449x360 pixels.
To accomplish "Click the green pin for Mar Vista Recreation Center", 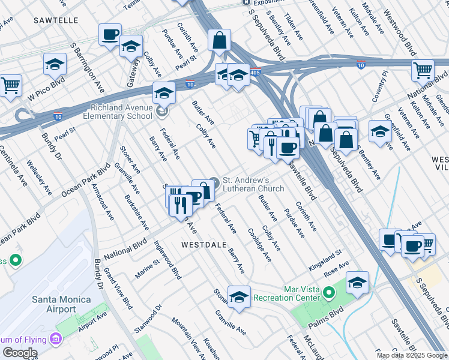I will tap(328, 293).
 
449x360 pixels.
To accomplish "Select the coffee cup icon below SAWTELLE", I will tap(110, 35).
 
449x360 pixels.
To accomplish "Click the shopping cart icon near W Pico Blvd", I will tap(10, 86).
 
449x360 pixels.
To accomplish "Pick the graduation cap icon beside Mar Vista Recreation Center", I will tap(357, 283).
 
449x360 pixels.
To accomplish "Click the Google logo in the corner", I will tap(20, 353).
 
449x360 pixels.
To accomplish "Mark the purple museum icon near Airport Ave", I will tap(56, 339).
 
